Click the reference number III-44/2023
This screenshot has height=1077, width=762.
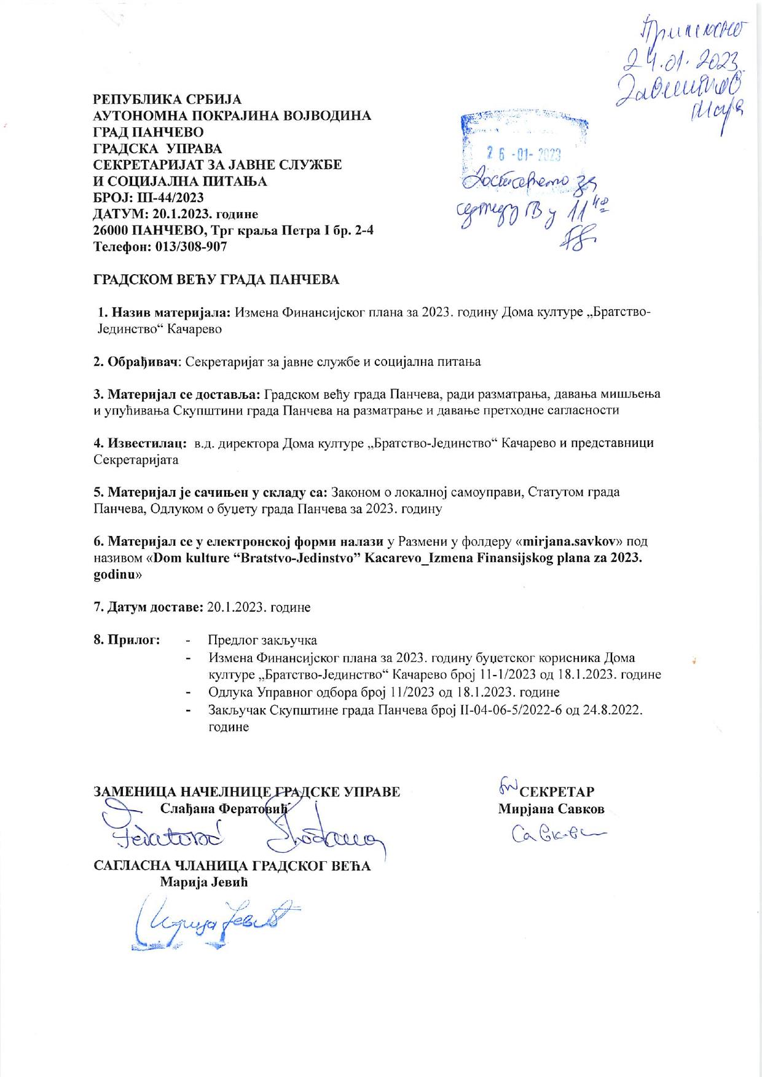click(168, 198)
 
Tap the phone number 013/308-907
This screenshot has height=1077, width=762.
click(190, 247)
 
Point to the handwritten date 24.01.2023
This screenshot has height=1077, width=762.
click(681, 60)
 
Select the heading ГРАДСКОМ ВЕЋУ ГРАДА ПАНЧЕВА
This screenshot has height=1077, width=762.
click(216, 280)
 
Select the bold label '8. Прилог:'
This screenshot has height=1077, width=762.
click(127, 640)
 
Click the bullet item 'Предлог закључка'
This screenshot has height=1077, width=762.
click(262, 640)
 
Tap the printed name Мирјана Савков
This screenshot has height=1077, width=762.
click(551, 809)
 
